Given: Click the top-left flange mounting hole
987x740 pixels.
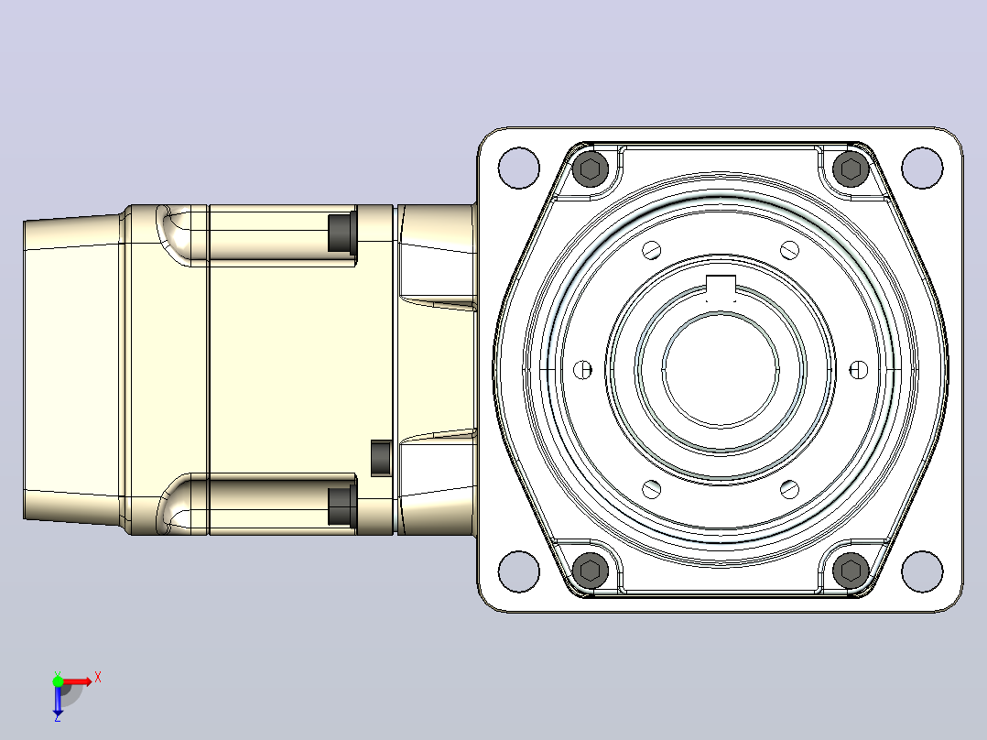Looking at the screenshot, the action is (518, 168).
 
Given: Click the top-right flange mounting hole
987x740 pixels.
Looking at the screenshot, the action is (922, 168).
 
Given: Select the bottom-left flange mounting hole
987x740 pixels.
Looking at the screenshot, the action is (518, 571).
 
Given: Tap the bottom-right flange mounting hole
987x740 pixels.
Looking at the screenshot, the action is (922, 571).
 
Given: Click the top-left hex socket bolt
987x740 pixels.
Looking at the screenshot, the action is (591, 169).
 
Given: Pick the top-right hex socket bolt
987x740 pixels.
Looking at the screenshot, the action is (851, 169).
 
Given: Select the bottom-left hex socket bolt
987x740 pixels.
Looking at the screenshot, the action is (591, 571).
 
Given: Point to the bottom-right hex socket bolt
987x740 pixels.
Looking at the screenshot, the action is (851, 571).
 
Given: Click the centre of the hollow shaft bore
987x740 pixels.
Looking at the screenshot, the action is (721, 370).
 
